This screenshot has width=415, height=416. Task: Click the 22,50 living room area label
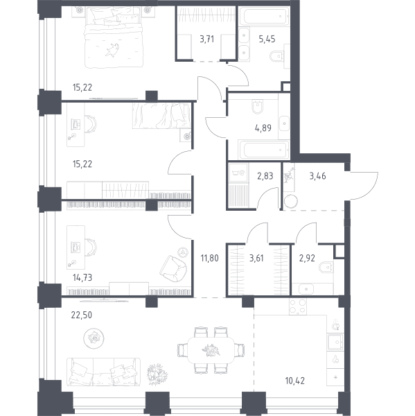[82, 315]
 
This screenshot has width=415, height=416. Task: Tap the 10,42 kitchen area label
[295, 381]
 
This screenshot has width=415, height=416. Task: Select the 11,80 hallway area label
[209, 258]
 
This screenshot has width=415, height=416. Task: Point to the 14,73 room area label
[82, 277]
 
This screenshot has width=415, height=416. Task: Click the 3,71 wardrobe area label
[206, 39]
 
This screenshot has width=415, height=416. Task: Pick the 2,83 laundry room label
[265, 176]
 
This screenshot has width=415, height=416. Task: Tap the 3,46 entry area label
[318, 176]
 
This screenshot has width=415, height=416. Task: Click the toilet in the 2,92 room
[326, 267]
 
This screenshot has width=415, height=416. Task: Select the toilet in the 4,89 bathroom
[258, 107]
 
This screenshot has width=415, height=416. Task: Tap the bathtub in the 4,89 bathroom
[264, 150]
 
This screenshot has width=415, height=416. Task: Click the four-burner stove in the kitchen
[298, 306]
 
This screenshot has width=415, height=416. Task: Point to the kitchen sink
[335, 342]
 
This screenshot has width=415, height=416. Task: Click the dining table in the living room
[211, 350]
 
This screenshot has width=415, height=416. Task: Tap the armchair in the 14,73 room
[173, 268]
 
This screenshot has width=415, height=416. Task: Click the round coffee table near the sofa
[94, 338]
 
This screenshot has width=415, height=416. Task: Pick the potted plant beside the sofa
[157, 374]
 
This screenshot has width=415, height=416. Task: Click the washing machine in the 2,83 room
[238, 173]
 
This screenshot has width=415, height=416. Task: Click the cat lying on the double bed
[112, 50]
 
